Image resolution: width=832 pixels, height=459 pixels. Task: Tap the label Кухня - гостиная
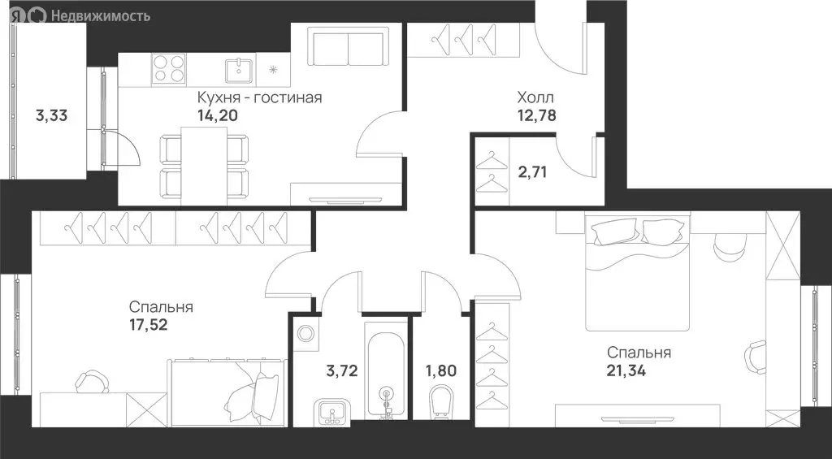point(259,97)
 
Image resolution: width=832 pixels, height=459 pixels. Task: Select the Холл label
point(536,97)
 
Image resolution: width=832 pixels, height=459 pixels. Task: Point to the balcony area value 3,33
point(51,115)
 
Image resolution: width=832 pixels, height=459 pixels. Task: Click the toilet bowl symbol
point(440,403)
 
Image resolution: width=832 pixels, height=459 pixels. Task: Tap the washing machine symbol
point(306,333)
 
